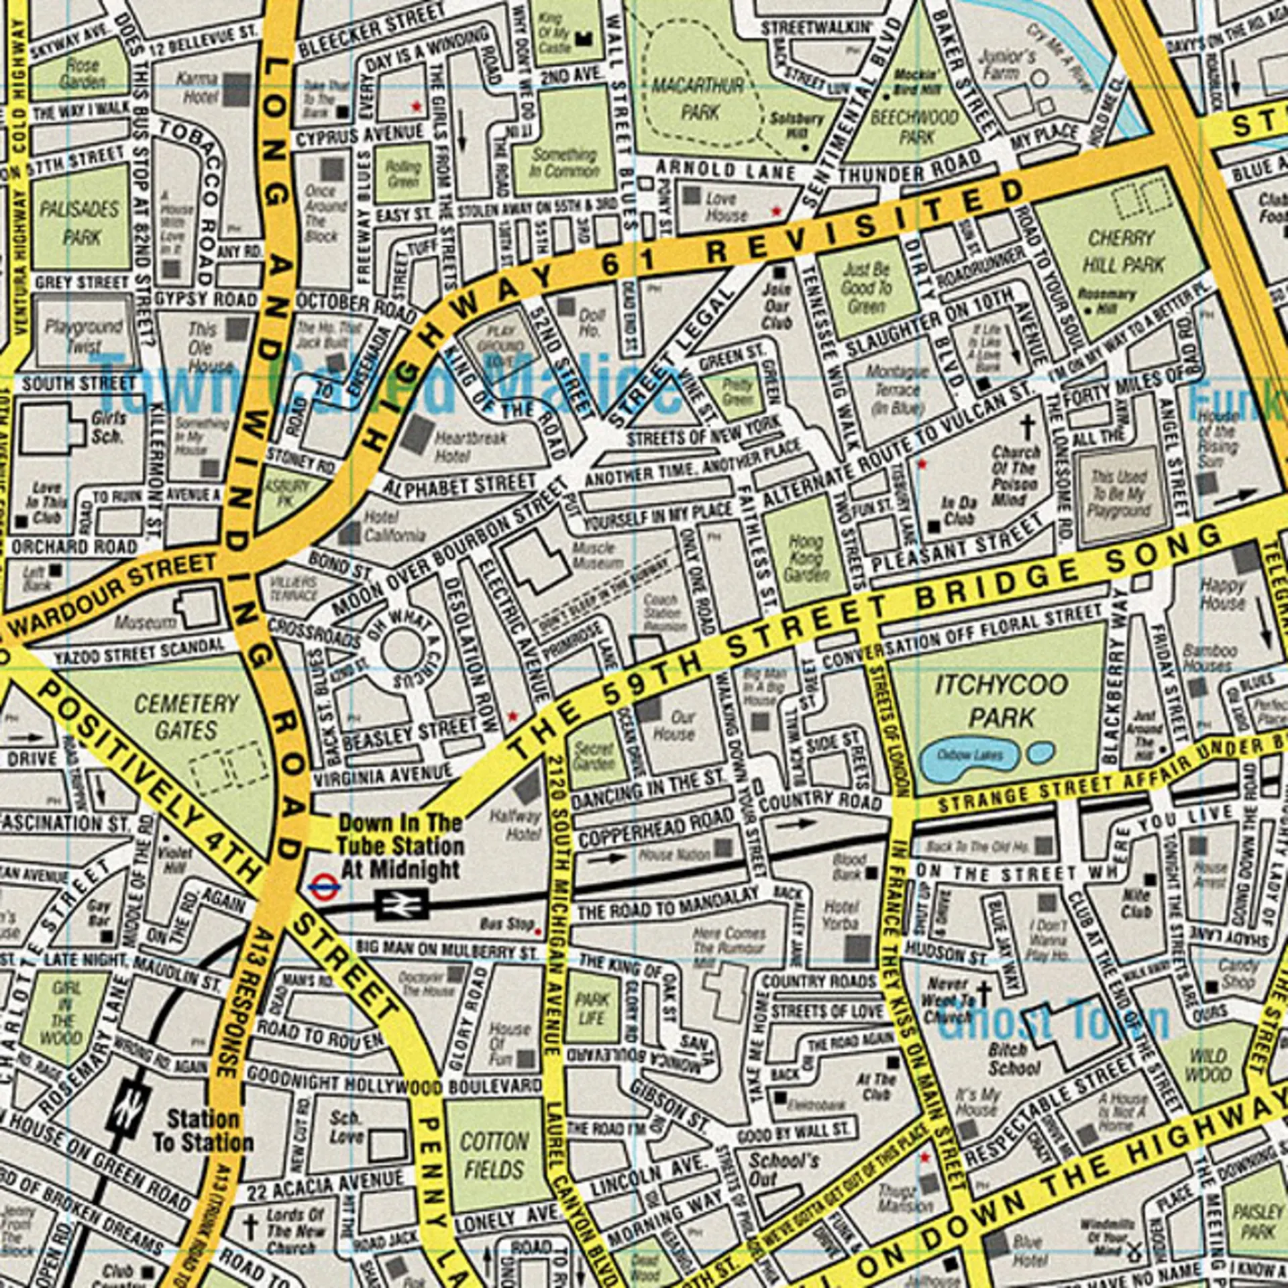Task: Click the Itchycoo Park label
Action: (x=1002, y=701)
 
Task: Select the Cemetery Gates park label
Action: (x=186, y=716)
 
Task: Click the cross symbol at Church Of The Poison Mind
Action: (x=1026, y=426)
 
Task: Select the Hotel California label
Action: (x=394, y=526)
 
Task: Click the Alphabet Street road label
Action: (x=460, y=484)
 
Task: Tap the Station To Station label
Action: (x=203, y=1131)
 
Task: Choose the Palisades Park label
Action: (x=80, y=223)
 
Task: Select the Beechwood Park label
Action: (x=915, y=126)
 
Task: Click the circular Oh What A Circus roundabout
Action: (x=400, y=649)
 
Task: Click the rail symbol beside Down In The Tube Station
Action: (x=401, y=904)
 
